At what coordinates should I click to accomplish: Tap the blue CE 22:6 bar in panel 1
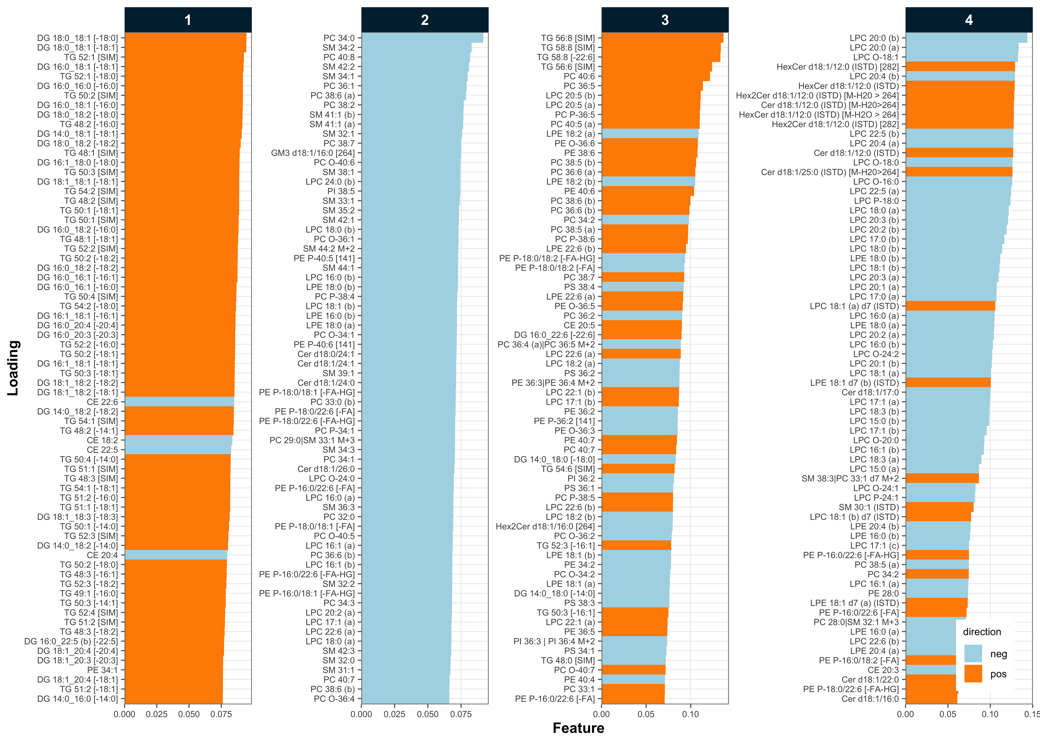point(179,402)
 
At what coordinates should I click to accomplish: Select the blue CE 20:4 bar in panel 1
point(176,555)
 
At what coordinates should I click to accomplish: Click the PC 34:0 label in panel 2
point(339,38)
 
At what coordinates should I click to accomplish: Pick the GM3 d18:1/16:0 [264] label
point(313,153)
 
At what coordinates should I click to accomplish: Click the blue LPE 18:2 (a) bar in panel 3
point(650,134)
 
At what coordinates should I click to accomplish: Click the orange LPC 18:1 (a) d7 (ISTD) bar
point(950,306)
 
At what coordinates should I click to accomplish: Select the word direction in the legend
point(982,632)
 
